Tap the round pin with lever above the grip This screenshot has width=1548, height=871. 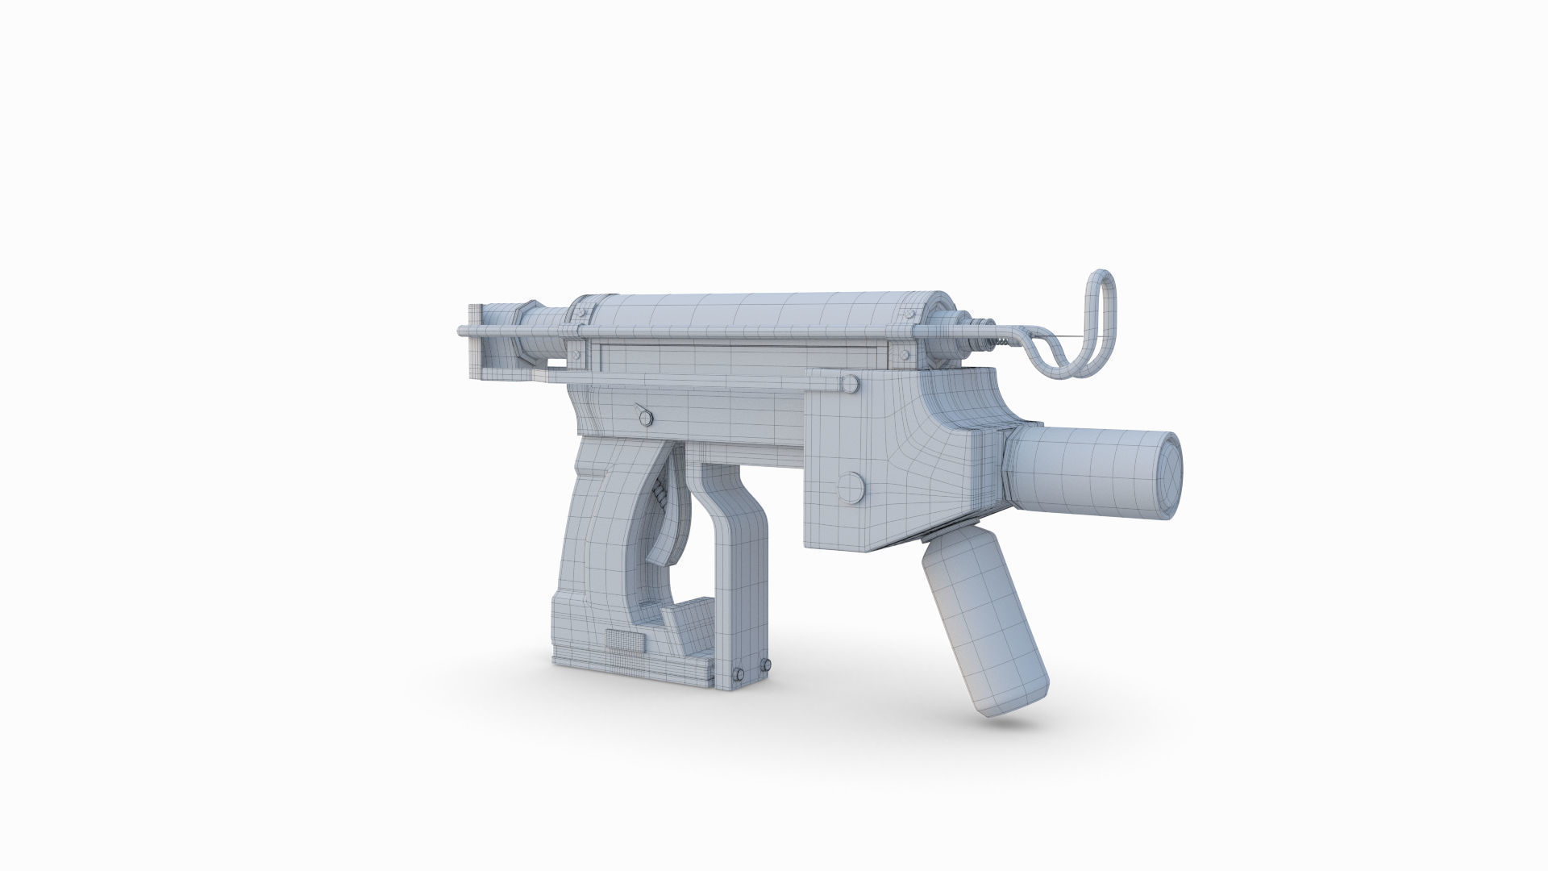pos(644,416)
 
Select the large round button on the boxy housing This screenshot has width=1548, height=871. pos(851,486)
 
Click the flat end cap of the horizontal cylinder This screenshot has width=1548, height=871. pos(1167,471)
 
